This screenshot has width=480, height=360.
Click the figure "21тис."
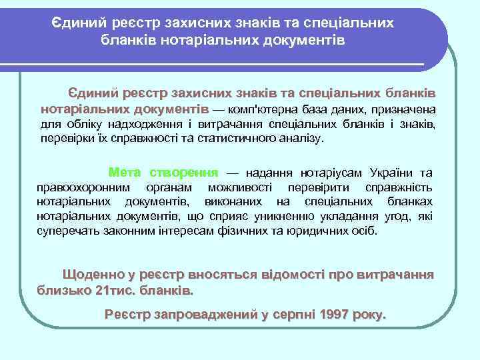coord(115,291)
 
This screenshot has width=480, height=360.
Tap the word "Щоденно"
coord(93,275)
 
